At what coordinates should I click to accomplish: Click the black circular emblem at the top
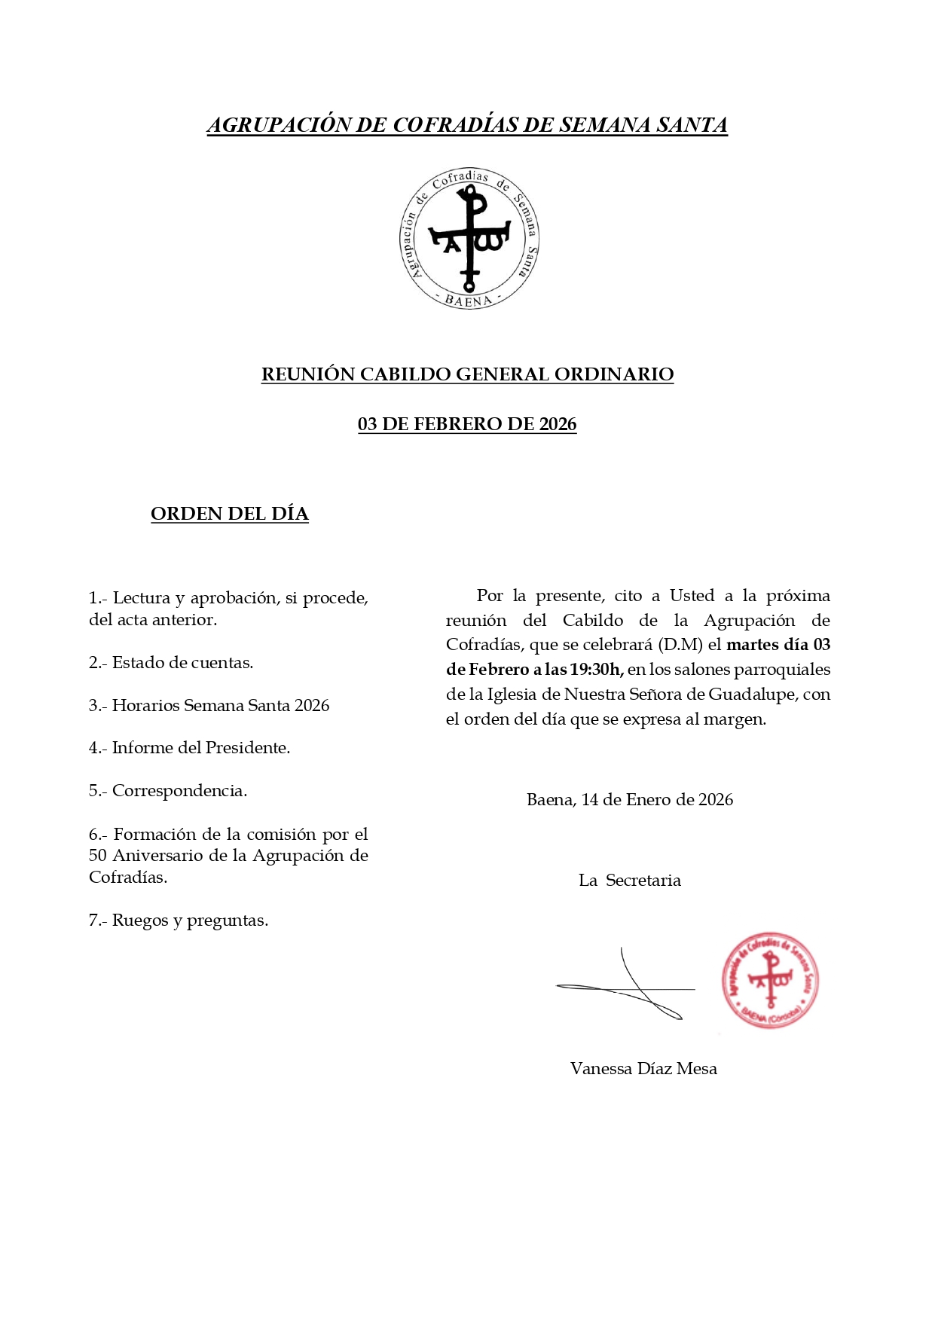[x=468, y=238]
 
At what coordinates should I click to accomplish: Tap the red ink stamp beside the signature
[x=770, y=981]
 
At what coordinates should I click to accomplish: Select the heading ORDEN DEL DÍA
[x=230, y=514]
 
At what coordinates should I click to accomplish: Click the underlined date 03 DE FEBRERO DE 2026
[x=467, y=424]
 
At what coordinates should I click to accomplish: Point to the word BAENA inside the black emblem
[x=468, y=301]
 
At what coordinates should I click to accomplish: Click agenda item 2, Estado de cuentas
[x=171, y=663]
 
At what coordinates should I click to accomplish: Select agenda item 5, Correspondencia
[x=168, y=791]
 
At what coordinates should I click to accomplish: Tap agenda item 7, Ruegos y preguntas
[x=179, y=921]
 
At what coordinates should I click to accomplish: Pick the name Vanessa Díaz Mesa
[x=643, y=1069]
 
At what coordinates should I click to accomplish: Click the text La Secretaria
[x=629, y=881]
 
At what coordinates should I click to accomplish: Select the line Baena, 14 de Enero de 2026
[x=629, y=800]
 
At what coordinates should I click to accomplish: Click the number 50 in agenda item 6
[x=98, y=856]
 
